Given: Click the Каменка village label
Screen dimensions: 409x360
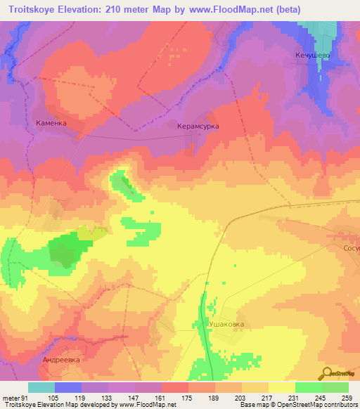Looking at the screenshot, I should (x=51, y=122).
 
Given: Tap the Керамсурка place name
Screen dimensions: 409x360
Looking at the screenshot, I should (x=198, y=126).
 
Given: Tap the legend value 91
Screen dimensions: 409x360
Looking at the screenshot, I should (x=25, y=398).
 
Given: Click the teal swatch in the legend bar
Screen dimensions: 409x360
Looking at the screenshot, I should (x=41, y=387).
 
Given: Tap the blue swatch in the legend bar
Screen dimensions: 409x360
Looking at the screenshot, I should (x=68, y=387).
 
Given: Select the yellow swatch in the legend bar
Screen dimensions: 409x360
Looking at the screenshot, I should (x=281, y=387).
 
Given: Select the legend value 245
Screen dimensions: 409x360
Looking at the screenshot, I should (x=320, y=398).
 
